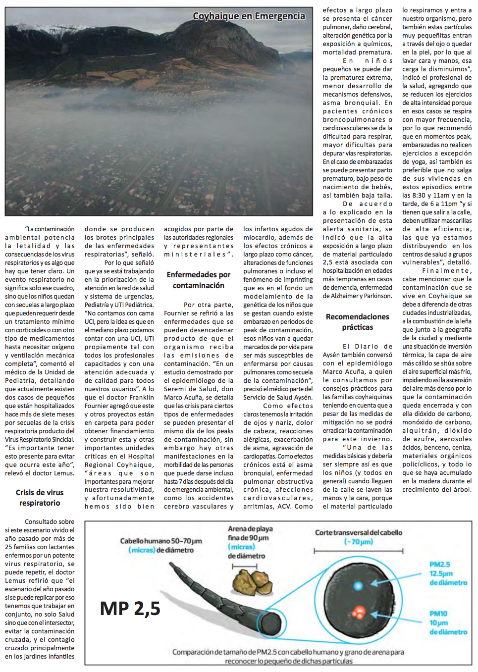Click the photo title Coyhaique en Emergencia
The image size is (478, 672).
pyautogui.click(x=249, y=16)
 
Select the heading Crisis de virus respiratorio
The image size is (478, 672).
pyautogui.click(x=40, y=498)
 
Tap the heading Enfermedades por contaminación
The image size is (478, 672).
pyautogui.click(x=199, y=280)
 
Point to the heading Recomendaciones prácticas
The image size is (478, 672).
pyautogui.click(x=357, y=322)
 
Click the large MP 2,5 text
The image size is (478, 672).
pyautogui.click(x=130, y=609)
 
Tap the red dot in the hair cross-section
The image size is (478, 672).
pyautogui.click(x=359, y=612)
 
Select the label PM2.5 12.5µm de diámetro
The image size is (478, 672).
pyautogui.click(x=447, y=573)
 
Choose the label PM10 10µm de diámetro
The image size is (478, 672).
pyautogui.click(x=447, y=622)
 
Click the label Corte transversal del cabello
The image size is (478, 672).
pyautogui.click(x=359, y=533)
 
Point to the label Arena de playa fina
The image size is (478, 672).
pyautogui.click(x=250, y=533)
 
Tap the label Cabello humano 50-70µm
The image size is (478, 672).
pyautogui.click(x=161, y=541)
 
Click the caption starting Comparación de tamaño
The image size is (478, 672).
pyautogui.click(x=288, y=653)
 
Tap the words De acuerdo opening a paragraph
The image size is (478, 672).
pyautogui.click(x=368, y=204)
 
